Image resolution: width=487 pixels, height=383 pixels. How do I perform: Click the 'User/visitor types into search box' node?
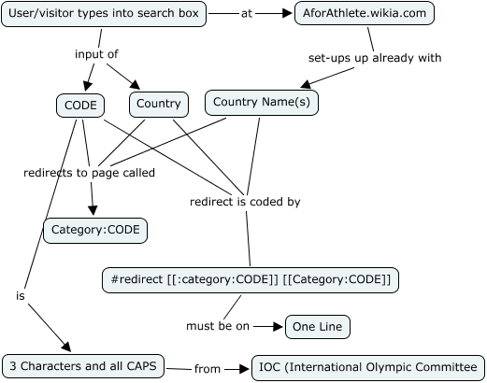(x=103, y=15)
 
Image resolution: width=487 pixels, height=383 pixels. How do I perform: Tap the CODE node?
(x=79, y=104)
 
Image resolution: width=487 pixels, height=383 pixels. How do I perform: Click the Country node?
(x=157, y=104)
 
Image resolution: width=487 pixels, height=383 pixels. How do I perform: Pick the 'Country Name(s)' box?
(x=262, y=102)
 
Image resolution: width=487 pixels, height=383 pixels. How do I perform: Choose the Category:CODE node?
(x=95, y=229)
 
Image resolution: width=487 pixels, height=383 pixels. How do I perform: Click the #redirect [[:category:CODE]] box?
(x=251, y=279)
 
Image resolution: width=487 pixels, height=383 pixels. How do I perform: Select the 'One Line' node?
(x=318, y=327)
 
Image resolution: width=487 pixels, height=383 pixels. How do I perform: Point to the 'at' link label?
(x=247, y=15)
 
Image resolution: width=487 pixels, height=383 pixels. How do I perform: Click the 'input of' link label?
(x=96, y=54)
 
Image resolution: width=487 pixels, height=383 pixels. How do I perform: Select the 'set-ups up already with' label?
(x=374, y=58)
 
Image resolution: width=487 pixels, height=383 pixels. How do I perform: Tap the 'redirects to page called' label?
(x=90, y=173)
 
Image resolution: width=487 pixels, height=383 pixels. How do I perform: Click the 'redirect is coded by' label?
(x=245, y=201)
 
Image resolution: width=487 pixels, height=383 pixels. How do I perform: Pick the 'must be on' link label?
(x=217, y=326)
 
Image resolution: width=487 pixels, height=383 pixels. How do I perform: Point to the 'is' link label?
(x=20, y=295)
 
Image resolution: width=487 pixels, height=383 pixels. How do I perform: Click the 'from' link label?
(x=208, y=369)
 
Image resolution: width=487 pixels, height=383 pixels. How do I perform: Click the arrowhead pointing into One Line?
(x=278, y=327)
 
